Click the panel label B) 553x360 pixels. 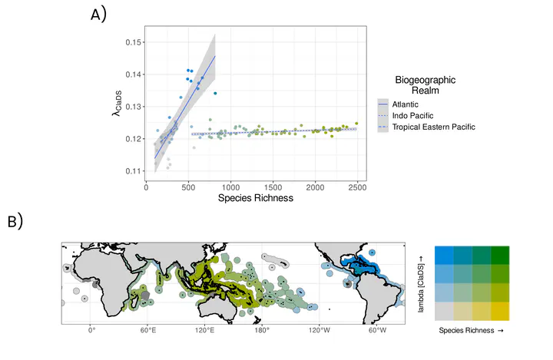click(15, 222)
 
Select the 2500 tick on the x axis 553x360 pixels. click(357, 187)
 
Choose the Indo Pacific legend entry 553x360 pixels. click(414, 115)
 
